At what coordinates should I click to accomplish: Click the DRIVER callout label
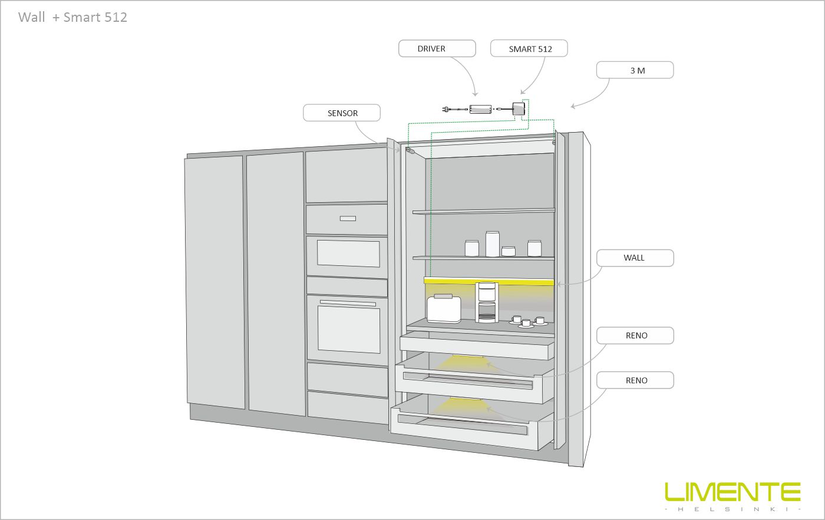[x=437, y=49]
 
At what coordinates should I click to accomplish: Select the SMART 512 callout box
[x=529, y=49]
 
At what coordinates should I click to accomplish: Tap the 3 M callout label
[x=635, y=70]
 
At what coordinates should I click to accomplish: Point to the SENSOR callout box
[x=342, y=113]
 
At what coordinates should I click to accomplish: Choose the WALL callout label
[x=635, y=258]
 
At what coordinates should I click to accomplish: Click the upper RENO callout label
[x=635, y=335]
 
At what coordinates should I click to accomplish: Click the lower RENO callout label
[x=635, y=380]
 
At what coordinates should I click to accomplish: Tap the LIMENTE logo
[x=732, y=496]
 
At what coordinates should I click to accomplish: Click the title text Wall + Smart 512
[x=72, y=17]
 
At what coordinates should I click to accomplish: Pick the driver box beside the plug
[x=480, y=109]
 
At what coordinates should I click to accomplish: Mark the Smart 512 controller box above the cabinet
[x=519, y=109]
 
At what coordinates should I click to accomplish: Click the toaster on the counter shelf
[x=444, y=309]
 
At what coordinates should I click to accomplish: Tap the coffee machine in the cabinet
[x=487, y=302]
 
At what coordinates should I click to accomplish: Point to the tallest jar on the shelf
[x=492, y=243]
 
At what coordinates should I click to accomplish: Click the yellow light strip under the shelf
[x=489, y=282]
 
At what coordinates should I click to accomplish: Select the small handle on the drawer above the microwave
[x=348, y=219]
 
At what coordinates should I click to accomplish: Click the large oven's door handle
[x=348, y=303]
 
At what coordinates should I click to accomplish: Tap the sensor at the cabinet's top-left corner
[x=410, y=150]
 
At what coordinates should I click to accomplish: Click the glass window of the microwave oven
[x=348, y=254]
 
